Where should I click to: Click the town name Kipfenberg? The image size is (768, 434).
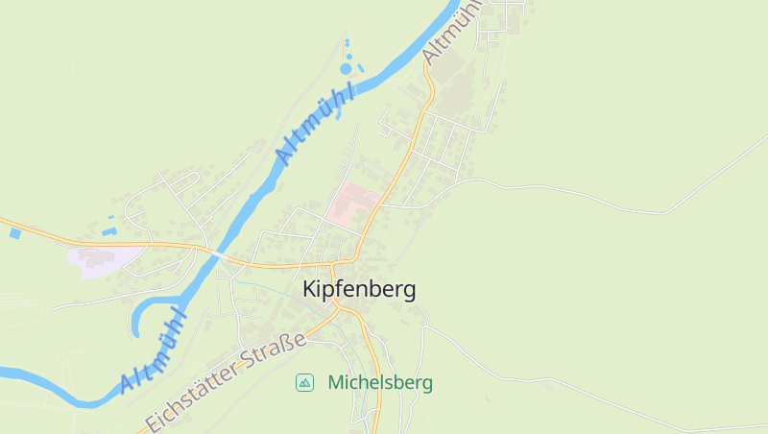click(x=359, y=289)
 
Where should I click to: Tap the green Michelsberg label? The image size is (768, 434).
click(x=380, y=382)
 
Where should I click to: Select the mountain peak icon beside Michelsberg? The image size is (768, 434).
click(x=304, y=382)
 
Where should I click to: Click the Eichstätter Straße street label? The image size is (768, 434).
click(x=226, y=381)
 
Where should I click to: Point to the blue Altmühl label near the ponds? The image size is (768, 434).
click(x=314, y=122)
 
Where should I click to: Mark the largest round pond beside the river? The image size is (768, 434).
click(x=347, y=68)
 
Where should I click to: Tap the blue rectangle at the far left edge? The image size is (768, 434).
click(x=14, y=232)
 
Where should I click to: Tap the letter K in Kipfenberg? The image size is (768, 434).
click(x=310, y=289)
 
